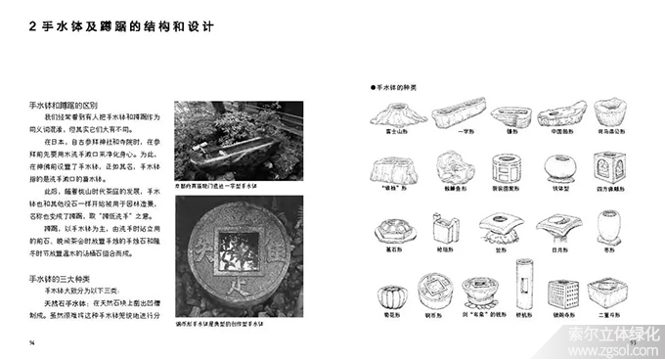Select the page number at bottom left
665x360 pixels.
pos(33,343)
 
